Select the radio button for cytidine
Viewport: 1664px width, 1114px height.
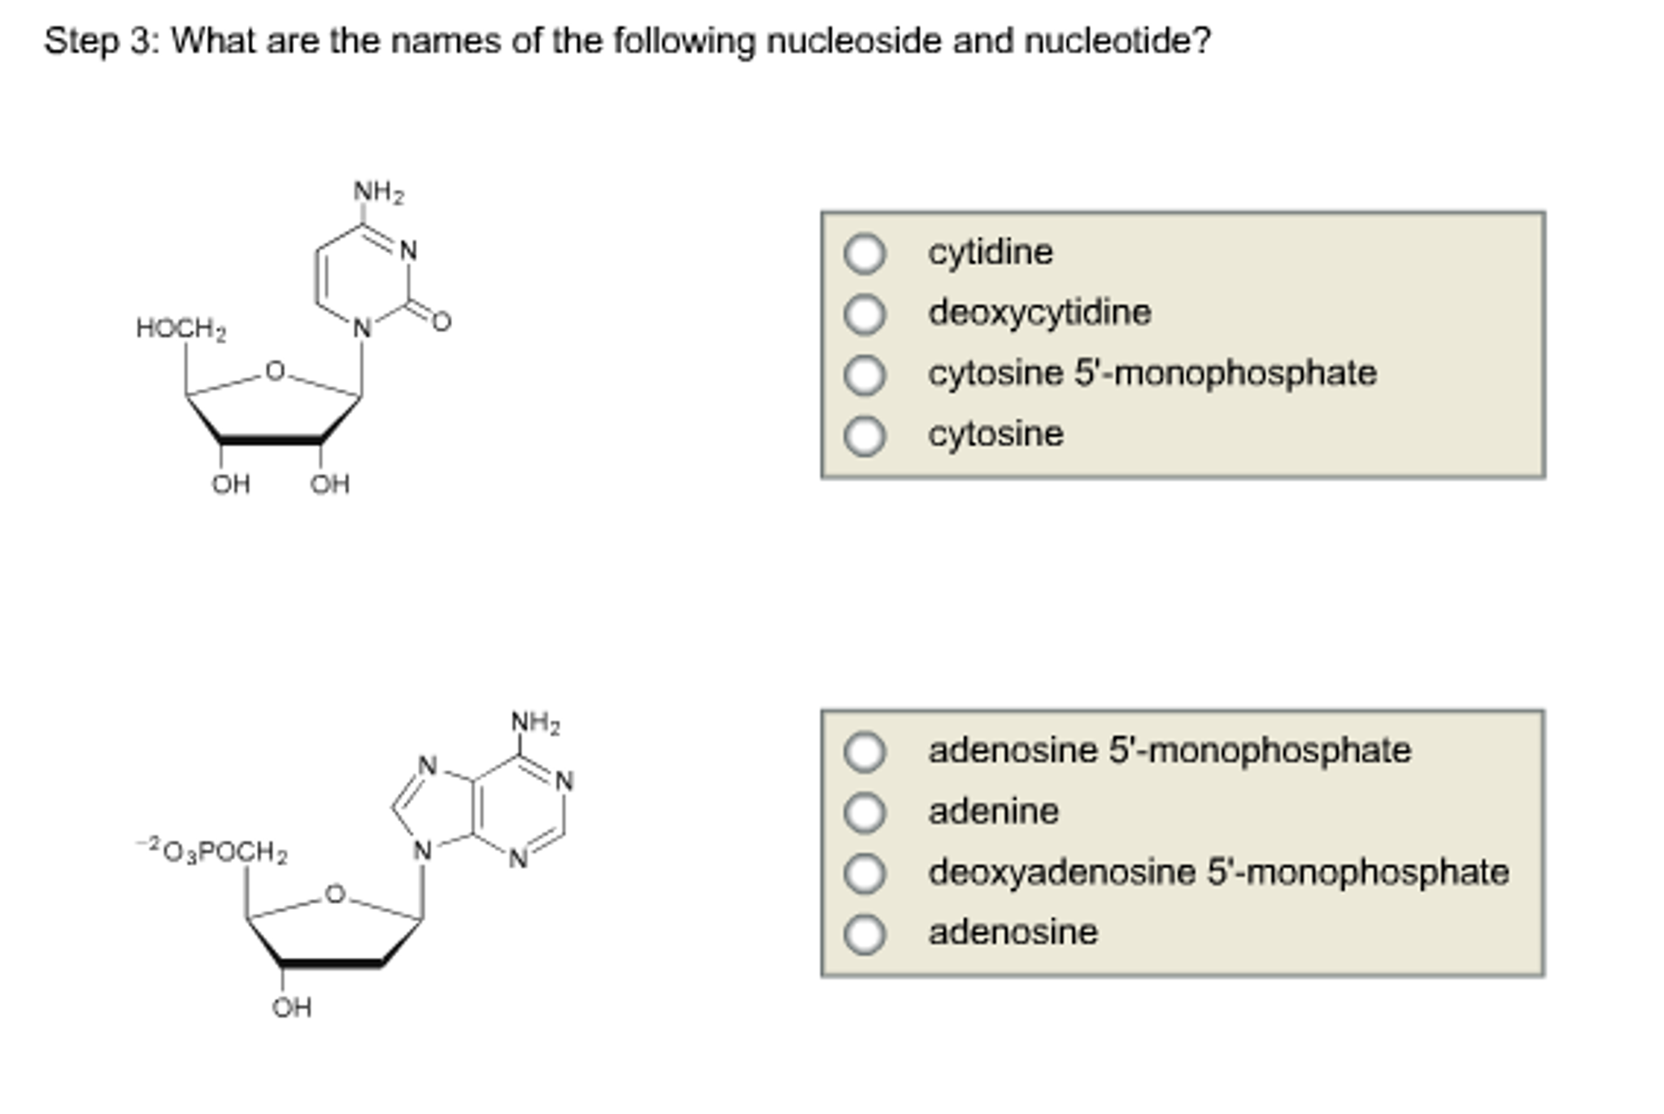[864, 253]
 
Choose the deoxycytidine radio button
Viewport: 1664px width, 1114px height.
[864, 314]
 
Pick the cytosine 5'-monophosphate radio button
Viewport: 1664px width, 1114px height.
[864, 375]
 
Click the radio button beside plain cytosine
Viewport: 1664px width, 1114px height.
[864, 435]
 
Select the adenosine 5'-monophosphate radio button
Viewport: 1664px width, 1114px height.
[864, 751]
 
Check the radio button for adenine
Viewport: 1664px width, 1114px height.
[864, 812]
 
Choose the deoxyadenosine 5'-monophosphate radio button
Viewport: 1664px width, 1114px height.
[864, 873]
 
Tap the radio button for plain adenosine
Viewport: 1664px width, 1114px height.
[864, 933]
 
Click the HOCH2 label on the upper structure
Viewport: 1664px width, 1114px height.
[181, 329]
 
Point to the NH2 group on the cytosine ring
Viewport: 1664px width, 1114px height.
[378, 193]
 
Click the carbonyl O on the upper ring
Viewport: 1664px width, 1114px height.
[441, 322]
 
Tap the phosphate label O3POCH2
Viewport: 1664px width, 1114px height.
[213, 852]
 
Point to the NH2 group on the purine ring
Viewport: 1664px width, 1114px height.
[535, 723]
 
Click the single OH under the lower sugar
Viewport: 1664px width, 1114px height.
[291, 1008]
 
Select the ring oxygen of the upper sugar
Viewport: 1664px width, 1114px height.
[276, 371]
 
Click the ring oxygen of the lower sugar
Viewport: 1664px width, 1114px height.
[335, 894]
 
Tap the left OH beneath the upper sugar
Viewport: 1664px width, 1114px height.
[230, 485]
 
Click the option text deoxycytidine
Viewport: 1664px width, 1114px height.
[1039, 313]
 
